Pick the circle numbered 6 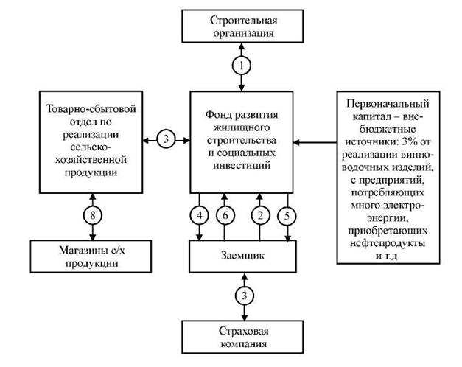[228, 216]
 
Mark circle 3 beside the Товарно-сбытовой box [167, 139]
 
